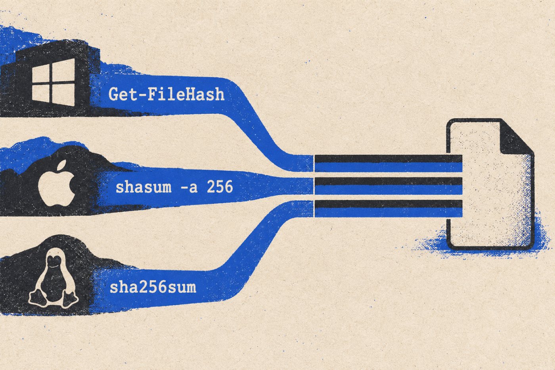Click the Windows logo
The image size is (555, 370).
pyautogui.click(x=53, y=82)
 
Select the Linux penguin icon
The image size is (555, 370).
pyautogui.click(x=53, y=278)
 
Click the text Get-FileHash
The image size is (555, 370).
pyautogui.click(x=166, y=94)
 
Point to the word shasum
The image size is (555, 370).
pyautogui.click(x=144, y=187)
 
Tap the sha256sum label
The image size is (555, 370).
pyautogui.click(x=153, y=288)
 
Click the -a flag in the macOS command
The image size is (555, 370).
pyautogui.click(x=189, y=188)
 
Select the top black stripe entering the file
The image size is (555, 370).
pyautogui.click(x=388, y=159)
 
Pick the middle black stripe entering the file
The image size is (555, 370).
pyautogui.click(x=388, y=181)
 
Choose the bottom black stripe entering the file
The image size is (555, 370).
pyautogui.click(x=388, y=203)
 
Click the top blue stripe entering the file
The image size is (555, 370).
pyautogui.click(x=388, y=167)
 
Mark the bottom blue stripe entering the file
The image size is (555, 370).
pyautogui.click(x=388, y=212)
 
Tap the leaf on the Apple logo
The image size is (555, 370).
pyautogui.click(x=62, y=165)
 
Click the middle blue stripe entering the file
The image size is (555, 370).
pyautogui.click(x=388, y=190)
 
